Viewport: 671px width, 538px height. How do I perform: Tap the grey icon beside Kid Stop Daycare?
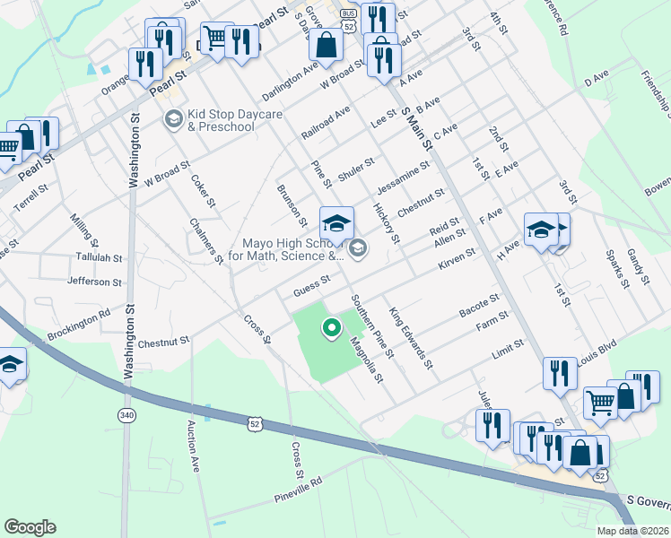173,118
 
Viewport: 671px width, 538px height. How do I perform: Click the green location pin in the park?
332,329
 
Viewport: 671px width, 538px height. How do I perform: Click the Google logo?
30,527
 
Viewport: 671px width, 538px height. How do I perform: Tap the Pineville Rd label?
299,490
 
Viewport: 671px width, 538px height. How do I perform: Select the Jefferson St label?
94,282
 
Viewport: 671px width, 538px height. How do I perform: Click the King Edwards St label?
411,340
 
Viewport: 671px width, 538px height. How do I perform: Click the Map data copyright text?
633,530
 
